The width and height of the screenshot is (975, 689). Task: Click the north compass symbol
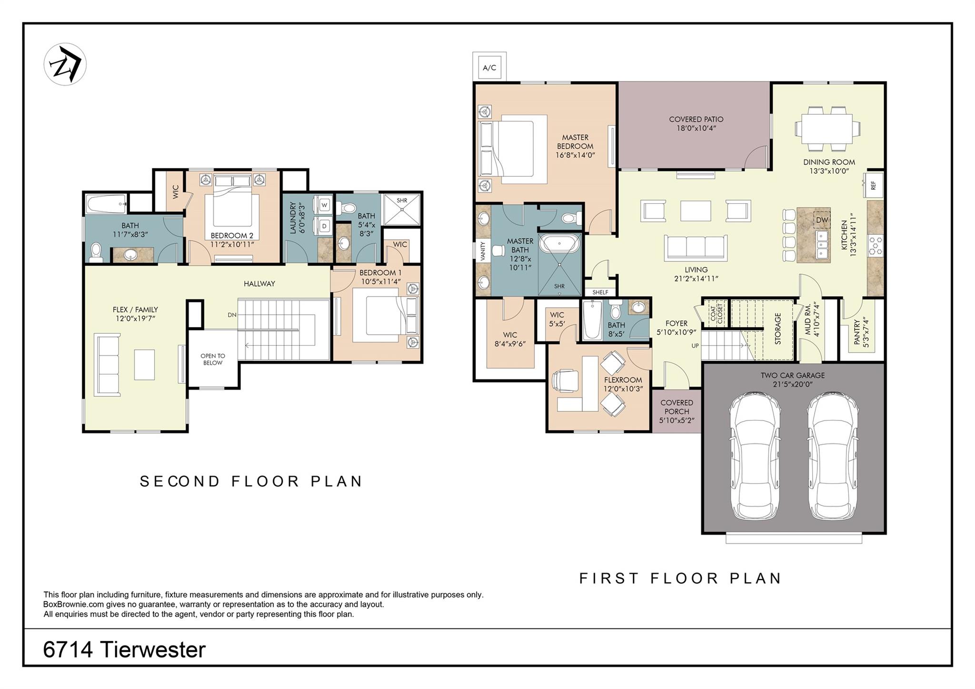[x=65, y=64]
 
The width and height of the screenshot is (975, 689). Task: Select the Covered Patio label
[x=696, y=124]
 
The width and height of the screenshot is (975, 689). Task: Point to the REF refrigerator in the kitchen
[x=874, y=185]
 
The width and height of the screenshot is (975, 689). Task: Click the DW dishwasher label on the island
[x=822, y=220]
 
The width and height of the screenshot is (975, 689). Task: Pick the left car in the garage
[x=755, y=456]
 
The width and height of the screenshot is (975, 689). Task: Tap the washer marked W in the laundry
[x=324, y=205]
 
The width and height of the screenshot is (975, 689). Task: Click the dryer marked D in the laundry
[x=324, y=226]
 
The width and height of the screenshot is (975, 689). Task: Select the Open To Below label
[x=213, y=359]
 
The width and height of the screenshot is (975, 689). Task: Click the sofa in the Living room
[x=696, y=248]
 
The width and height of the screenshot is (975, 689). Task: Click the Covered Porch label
[x=677, y=411]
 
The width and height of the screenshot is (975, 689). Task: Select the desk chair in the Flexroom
[x=565, y=381]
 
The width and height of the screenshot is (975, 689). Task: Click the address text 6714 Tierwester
[x=124, y=649]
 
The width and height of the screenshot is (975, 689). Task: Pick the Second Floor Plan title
[x=251, y=481]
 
